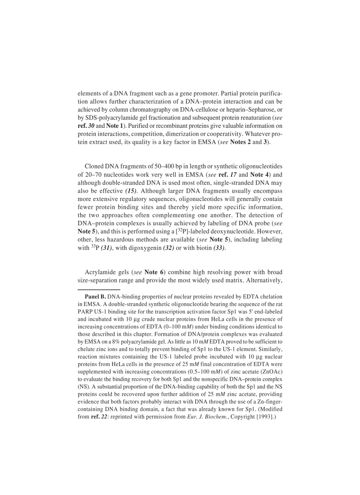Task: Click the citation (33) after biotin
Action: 219,248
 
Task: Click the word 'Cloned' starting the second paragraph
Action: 94,167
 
